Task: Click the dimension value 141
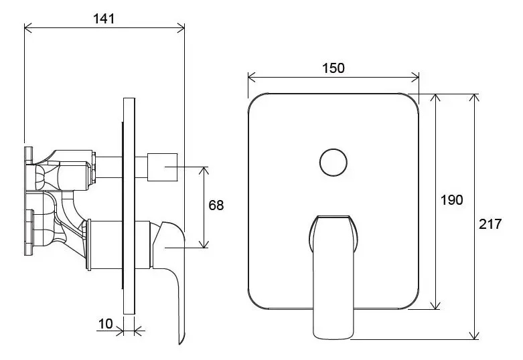pyautogui.click(x=104, y=19)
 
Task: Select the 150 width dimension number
pyautogui.click(x=333, y=68)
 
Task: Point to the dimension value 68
pyautogui.click(x=216, y=205)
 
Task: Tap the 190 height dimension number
pyautogui.click(x=451, y=200)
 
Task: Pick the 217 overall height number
pyautogui.click(x=491, y=225)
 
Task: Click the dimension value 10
pyautogui.click(x=105, y=324)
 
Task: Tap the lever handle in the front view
pyautogui.click(x=333, y=274)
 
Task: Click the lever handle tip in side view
pyautogui.click(x=181, y=338)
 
